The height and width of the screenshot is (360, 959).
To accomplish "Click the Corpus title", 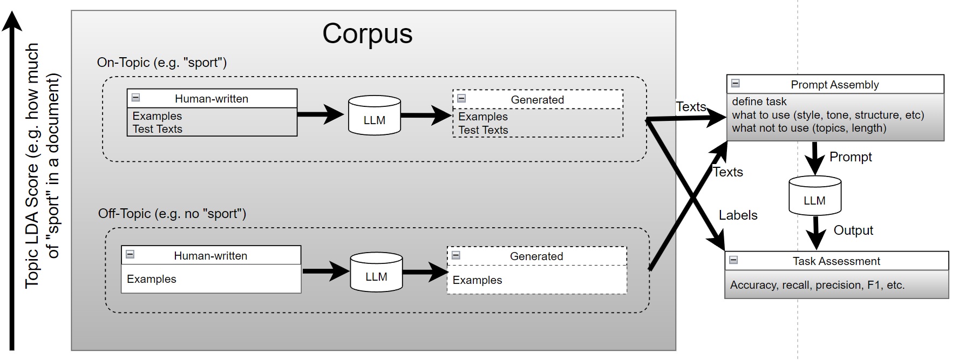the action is pos(367,33).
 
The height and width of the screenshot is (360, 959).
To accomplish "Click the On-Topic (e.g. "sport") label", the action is pos(162,63).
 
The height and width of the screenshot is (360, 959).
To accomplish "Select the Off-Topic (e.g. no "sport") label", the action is pos(172,214).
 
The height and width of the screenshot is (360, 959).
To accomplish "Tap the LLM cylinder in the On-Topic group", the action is pos(374,116).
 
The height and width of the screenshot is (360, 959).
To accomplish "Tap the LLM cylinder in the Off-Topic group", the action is pos(376,273).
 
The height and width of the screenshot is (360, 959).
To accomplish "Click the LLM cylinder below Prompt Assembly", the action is pos(814,196).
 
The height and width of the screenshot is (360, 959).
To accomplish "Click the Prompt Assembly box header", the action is pos(834,85).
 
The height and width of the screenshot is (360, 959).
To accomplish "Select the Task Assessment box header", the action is pos(836,261).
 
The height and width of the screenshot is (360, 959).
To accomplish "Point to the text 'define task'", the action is pos(759,101).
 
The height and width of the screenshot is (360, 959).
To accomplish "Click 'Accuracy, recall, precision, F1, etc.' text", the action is pos(817,285).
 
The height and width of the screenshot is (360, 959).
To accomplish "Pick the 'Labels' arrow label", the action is pos(738,215).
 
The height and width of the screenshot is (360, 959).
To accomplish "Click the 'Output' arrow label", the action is pos(853,230).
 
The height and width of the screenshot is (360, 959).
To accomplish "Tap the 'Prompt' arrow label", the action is pos(851,157).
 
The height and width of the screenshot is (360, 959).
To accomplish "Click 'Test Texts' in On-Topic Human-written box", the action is pos(158,129).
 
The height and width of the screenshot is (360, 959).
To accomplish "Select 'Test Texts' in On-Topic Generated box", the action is pos(483,130).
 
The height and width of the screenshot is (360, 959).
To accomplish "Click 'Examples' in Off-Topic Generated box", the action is pos(477,280).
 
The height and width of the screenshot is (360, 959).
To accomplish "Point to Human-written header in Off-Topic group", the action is pos(210,256).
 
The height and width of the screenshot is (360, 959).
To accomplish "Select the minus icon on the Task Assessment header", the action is pos(733,260).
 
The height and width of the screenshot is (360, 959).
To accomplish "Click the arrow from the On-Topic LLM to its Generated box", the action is pos(426,115).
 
